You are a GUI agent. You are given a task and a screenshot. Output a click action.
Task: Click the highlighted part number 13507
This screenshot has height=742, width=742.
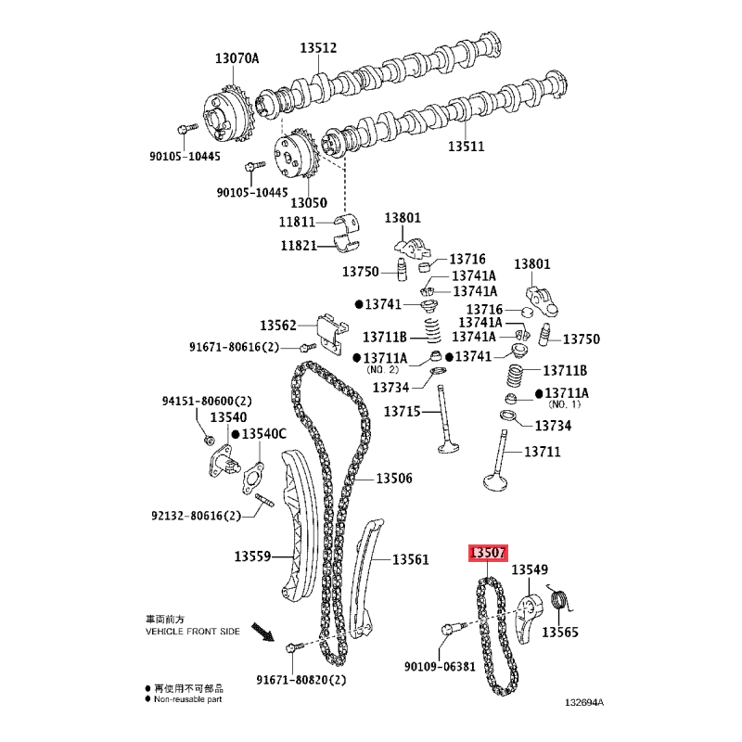[488, 552]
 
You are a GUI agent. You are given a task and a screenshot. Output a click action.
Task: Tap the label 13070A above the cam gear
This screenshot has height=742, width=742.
[237, 58]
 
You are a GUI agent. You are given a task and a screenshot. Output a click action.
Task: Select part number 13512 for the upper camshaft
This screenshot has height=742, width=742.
[318, 48]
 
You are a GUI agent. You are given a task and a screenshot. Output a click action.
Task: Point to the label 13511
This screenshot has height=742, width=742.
[467, 147]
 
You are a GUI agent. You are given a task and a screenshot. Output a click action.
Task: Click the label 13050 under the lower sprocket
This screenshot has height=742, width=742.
[309, 202]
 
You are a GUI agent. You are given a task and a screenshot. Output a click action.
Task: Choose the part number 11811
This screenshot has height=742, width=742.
[297, 222]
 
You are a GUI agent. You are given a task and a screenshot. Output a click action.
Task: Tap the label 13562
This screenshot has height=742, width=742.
[278, 326]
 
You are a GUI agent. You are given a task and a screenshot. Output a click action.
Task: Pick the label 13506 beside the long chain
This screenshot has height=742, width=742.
[394, 479]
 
